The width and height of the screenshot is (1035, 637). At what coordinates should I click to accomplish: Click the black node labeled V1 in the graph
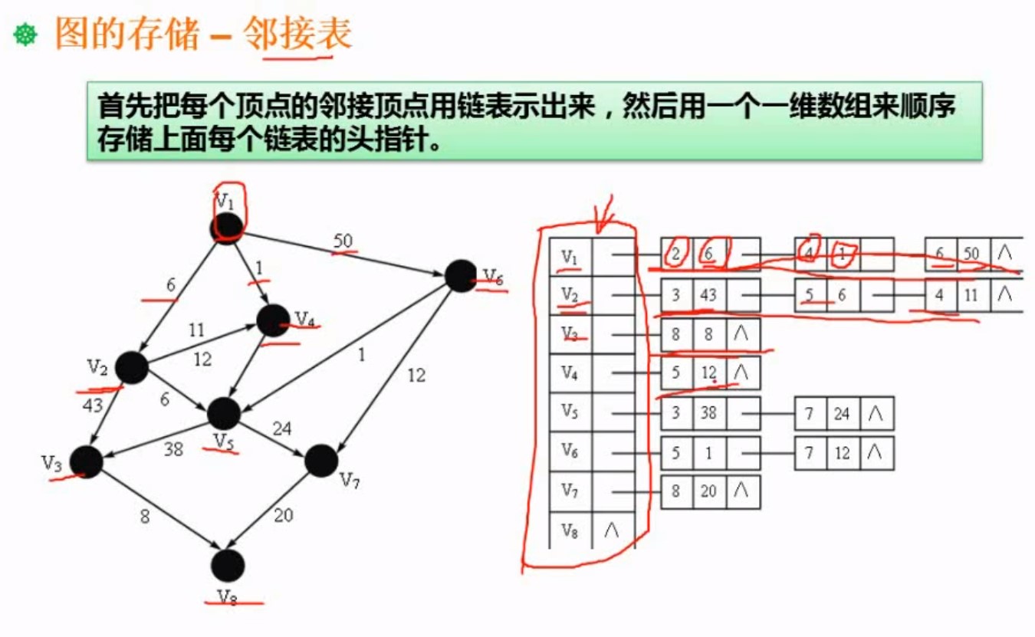coord(227,226)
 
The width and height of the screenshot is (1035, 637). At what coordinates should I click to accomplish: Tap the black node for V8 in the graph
coord(228,566)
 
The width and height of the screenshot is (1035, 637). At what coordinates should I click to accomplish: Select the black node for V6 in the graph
coord(462,276)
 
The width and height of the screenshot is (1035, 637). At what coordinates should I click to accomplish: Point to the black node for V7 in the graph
coord(321,460)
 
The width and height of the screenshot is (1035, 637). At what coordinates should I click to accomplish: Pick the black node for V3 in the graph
coord(87,462)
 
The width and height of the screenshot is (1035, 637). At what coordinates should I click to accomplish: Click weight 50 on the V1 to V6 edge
coord(343,241)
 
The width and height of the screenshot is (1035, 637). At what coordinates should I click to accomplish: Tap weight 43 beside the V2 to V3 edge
coord(93,405)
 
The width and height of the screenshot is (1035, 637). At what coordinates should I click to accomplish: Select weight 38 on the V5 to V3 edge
coord(173,449)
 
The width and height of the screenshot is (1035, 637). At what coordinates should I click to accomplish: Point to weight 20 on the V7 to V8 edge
coord(284,515)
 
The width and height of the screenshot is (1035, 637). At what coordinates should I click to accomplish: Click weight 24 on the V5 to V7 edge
coord(281,428)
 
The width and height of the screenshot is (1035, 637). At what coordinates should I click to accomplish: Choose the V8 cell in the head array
coord(570,530)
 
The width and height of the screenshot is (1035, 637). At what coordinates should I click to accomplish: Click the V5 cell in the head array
coord(570,412)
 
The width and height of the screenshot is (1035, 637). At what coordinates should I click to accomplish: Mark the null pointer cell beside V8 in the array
coord(612,530)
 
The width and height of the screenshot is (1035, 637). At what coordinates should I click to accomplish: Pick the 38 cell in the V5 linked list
coord(710,413)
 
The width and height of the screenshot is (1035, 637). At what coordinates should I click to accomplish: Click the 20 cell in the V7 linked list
coord(710,491)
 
